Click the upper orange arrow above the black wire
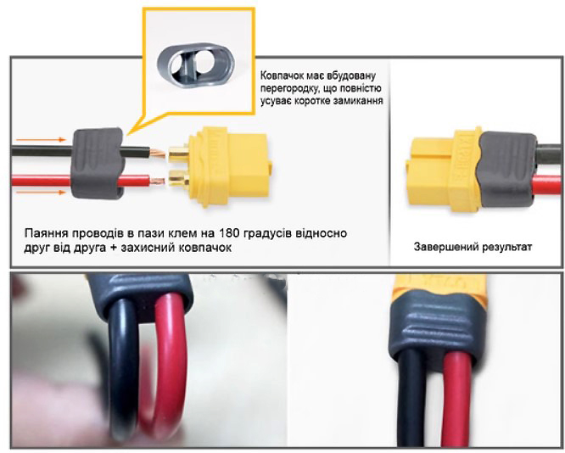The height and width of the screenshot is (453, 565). [41, 139]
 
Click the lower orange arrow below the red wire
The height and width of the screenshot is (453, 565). [41, 193]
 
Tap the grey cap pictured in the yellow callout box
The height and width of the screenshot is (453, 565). [196, 63]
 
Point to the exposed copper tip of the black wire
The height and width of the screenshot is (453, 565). [157, 154]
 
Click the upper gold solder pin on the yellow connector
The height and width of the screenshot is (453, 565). [178, 154]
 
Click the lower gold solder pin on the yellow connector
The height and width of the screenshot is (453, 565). [179, 178]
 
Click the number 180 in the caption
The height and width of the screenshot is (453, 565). [229, 233]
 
